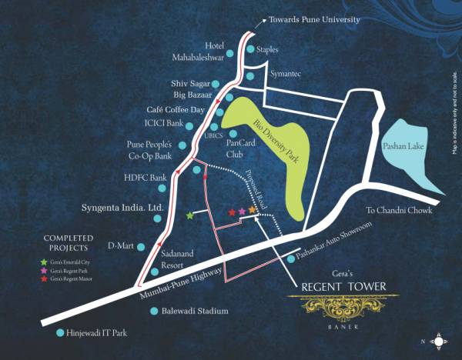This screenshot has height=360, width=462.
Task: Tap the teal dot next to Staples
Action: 251,48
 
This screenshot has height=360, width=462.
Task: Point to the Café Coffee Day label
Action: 176,110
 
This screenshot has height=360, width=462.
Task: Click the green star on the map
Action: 190,216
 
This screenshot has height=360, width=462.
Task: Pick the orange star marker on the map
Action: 252,210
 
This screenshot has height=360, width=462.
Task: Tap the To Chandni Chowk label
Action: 399,209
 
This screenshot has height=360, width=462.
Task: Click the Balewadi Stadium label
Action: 195,312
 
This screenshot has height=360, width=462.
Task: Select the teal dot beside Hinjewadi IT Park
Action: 61,333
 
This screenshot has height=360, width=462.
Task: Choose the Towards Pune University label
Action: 325,18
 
